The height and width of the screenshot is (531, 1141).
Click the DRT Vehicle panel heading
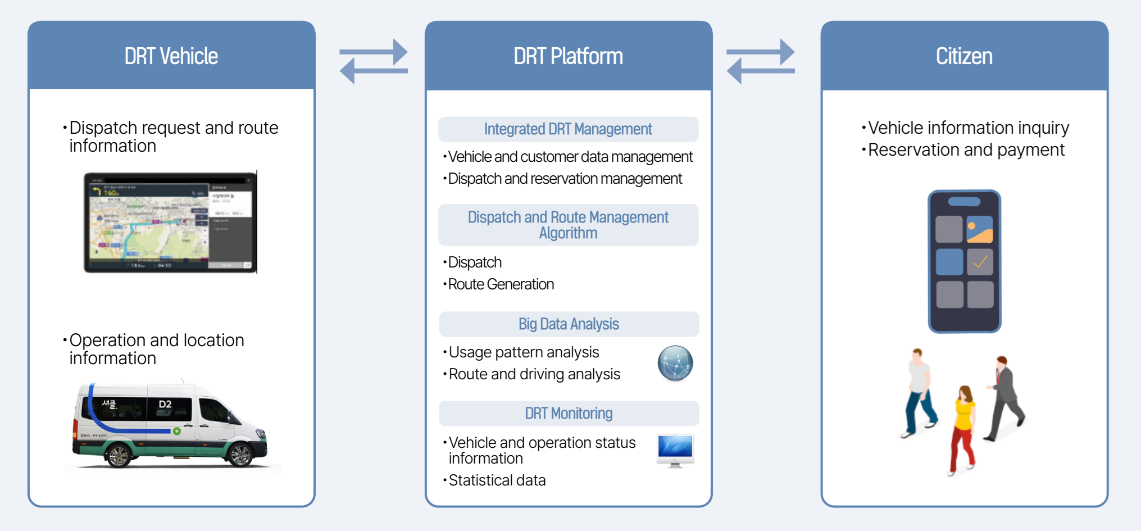click(171, 56)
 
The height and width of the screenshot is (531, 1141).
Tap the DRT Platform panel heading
click(568, 56)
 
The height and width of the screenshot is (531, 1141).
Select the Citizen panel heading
click(964, 56)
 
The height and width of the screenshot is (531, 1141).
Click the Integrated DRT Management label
click(568, 129)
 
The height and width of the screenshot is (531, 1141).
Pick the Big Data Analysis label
click(568, 324)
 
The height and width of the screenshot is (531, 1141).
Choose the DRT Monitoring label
click(568, 414)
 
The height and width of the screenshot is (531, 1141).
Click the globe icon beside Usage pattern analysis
click(675, 364)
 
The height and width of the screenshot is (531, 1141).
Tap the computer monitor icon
click(675, 450)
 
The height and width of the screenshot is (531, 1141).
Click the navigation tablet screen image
click(170, 223)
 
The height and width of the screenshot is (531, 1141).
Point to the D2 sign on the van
click(165, 405)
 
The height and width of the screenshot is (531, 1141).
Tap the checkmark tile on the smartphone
click(980, 262)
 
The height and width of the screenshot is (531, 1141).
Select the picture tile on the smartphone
click(979, 229)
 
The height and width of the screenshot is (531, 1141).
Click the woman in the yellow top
click(963, 427)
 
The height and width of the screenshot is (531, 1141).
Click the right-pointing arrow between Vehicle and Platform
click(374, 52)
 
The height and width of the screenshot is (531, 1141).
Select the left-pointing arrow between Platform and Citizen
click(760, 71)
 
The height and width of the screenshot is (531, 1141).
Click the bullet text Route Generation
click(501, 284)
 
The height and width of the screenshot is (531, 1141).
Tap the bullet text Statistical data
click(497, 480)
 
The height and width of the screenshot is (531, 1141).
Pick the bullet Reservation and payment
click(966, 150)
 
